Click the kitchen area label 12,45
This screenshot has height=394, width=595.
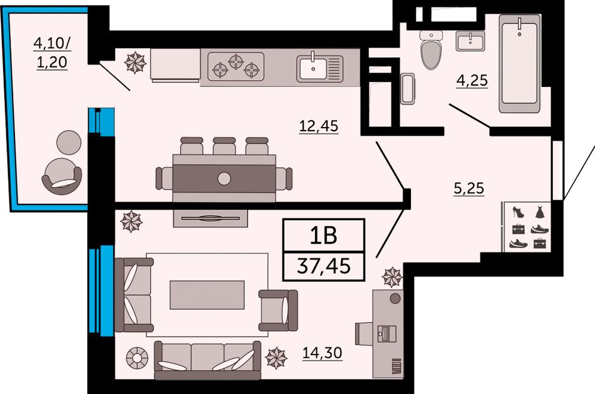click(x=319, y=126)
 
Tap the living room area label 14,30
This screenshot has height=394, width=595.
click(x=322, y=353)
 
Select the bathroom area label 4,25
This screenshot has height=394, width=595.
click(x=472, y=80)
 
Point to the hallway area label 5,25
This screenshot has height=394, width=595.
click(x=469, y=188)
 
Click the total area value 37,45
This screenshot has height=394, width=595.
click(x=324, y=266)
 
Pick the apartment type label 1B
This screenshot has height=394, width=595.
click(x=323, y=235)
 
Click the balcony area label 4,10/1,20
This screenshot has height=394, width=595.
click(x=52, y=53)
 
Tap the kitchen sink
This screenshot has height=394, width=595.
click(x=319, y=68)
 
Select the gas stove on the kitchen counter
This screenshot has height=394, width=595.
click(x=235, y=66)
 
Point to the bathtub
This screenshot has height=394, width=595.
click(x=519, y=64)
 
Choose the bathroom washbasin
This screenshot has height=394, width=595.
click(x=470, y=41)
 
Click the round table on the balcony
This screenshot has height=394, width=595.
click(x=69, y=142)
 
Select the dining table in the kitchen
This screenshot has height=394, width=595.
click(x=224, y=178)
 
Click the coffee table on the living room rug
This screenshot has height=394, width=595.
click(x=207, y=295)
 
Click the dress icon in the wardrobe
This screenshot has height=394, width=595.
click(x=539, y=212)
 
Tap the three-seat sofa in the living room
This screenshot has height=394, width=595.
click(x=207, y=360)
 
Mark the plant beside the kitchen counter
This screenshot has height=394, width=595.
click(x=135, y=63)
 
